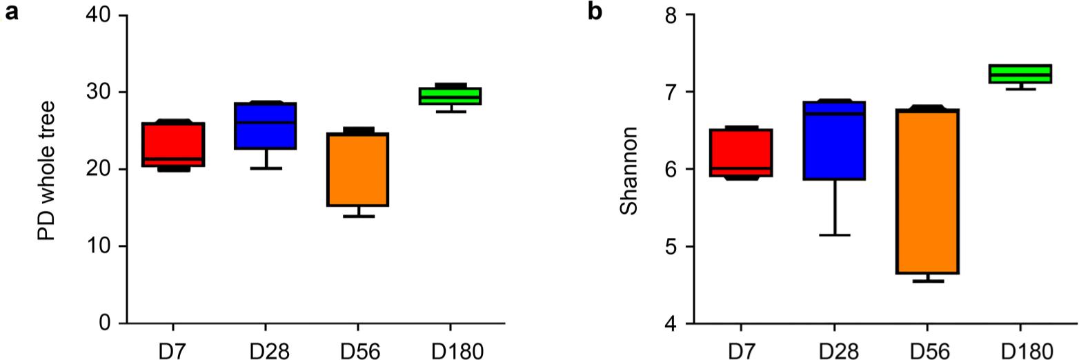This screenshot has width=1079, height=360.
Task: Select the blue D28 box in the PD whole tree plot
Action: [266, 126]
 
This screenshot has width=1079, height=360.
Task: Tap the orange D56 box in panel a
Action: [358, 169]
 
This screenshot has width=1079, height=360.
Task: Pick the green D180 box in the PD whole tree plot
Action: [451, 96]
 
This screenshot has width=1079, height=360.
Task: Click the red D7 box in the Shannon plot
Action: [741, 152]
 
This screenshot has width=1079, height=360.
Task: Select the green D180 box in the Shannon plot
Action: [1020, 74]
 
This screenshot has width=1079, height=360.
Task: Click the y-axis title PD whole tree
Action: [46, 170]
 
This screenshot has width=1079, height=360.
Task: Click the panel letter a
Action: [10, 12]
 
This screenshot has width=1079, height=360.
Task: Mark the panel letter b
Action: [595, 12]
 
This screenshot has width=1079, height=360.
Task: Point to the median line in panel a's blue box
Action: [266, 123]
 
